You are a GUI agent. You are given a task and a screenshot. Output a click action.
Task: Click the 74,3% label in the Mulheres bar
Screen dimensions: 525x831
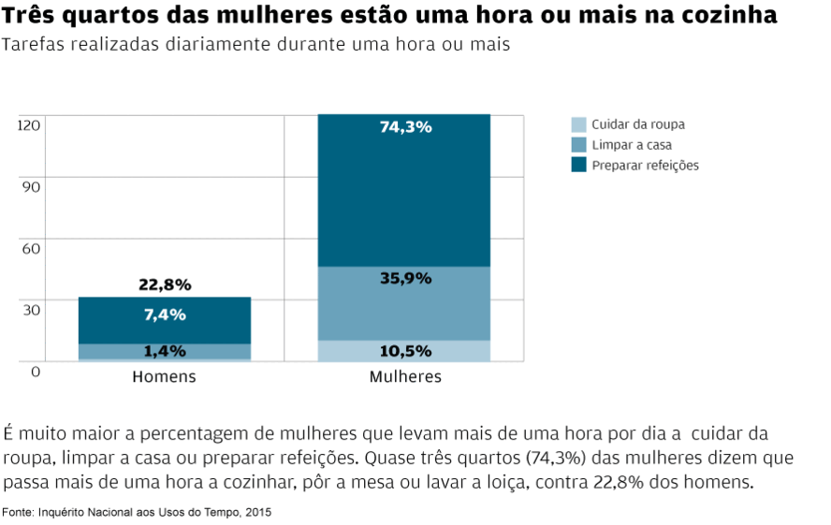point(405,127)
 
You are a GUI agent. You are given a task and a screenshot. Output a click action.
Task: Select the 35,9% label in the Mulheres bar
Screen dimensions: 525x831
point(405,278)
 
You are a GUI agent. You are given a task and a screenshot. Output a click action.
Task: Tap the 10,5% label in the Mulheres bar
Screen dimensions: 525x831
point(405,352)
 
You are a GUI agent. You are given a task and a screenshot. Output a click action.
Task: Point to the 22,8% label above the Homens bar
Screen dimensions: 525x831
point(165,284)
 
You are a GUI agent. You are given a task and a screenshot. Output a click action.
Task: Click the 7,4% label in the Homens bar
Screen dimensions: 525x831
point(165,315)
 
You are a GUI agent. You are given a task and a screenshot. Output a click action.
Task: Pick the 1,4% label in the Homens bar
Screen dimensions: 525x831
point(165,352)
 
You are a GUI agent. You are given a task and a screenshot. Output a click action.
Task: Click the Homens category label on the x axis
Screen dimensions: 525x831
point(164,377)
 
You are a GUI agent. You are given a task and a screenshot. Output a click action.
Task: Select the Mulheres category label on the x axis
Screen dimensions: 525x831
point(405,377)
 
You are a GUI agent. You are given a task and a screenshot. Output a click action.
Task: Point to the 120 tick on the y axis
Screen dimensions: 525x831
point(29,125)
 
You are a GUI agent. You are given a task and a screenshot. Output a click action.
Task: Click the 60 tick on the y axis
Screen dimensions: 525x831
point(32,248)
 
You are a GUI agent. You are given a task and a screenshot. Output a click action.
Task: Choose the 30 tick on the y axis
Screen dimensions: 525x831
point(32,310)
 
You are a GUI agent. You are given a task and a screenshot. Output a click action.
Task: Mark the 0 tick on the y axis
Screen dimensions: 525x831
point(36,372)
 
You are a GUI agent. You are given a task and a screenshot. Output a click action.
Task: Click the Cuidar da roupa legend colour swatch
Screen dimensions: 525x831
point(579,124)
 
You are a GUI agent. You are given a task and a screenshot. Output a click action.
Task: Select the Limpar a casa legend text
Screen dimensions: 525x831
point(632,145)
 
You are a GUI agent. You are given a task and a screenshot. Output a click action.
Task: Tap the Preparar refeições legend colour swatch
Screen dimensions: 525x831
point(579,166)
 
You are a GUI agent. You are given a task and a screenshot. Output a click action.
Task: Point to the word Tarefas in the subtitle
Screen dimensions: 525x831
point(33,46)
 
